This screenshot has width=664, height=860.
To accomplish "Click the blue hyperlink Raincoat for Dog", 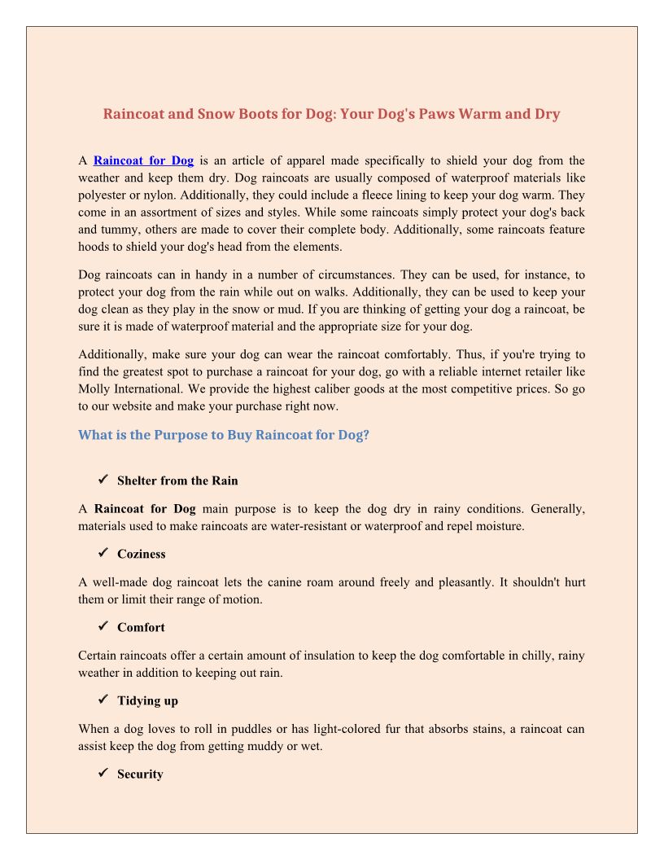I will (143, 160).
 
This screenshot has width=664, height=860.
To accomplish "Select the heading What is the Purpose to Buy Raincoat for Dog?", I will (224, 435).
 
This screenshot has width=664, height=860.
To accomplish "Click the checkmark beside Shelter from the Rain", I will (103, 480).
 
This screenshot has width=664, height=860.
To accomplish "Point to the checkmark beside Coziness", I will (103, 553).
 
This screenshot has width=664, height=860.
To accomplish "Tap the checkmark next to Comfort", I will (103, 626).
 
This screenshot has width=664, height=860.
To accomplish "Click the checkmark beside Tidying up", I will (103, 700).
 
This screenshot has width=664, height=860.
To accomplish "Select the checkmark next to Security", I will (103, 773).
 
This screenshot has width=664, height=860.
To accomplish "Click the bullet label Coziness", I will (141, 554).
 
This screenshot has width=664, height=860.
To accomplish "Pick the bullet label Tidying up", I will (147, 700).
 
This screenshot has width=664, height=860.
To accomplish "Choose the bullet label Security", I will (140, 774).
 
